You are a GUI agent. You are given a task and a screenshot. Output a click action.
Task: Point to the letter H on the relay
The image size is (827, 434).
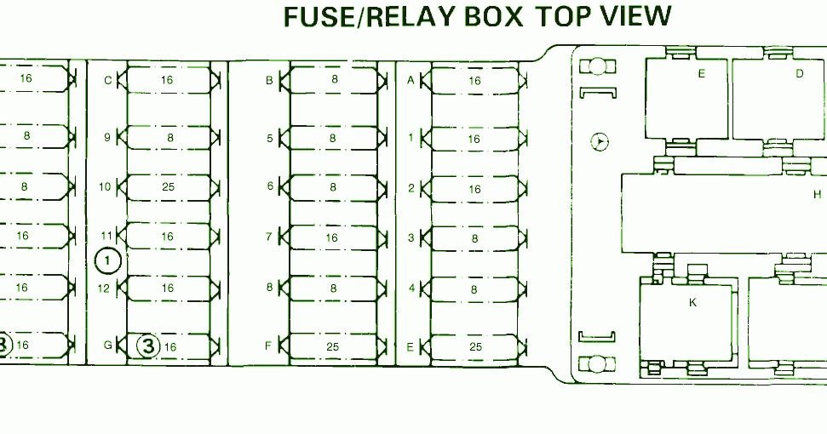pyautogui.click(x=817, y=194)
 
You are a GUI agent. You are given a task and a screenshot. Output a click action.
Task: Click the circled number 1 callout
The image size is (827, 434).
pyautogui.click(x=108, y=261)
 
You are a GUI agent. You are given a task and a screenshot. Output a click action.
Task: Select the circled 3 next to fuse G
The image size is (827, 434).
pyautogui.click(x=148, y=345)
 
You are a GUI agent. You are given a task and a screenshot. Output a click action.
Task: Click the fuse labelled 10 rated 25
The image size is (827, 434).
pyautogui.click(x=168, y=186)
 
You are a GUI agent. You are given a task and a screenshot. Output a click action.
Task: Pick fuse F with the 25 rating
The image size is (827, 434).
pyautogui.click(x=332, y=346)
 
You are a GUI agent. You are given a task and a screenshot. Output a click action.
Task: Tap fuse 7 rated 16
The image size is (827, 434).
pyautogui.click(x=332, y=237)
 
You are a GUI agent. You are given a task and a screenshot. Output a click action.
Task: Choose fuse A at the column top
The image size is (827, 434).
pyautogui.click(x=474, y=81)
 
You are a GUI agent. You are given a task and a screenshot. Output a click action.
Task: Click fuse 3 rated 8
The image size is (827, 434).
pyautogui.click(x=474, y=238)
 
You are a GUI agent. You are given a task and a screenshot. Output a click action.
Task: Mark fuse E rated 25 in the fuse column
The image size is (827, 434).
pyautogui.click(x=474, y=346)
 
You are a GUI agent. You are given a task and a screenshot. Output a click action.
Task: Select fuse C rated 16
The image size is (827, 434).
pyautogui.click(x=168, y=81)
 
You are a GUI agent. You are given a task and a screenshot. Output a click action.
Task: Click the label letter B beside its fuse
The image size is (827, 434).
pyautogui.click(x=269, y=81)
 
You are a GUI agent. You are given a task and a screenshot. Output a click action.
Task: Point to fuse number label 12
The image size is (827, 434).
pyautogui.click(x=105, y=288)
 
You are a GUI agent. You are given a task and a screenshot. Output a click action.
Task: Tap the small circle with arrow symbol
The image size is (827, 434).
pyautogui.click(x=600, y=141)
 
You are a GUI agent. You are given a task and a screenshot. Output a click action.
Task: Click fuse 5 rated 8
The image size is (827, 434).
pyautogui.click(x=332, y=138)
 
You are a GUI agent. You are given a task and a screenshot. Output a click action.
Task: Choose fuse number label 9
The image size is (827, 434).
pyautogui.click(x=107, y=137)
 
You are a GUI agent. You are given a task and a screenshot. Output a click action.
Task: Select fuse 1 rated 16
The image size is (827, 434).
pyautogui.click(x=474, y=138)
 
